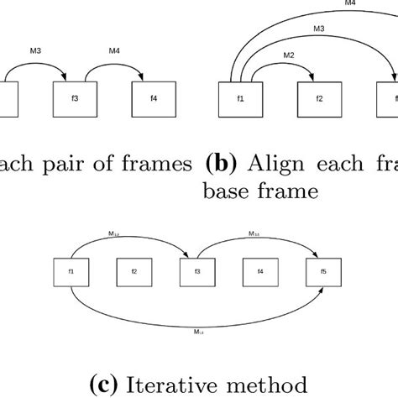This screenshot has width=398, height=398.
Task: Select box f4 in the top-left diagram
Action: (x=154, y=98)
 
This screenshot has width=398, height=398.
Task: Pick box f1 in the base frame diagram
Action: (x=240, y=98)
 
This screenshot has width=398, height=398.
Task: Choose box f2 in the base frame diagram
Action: (x=319, y=98)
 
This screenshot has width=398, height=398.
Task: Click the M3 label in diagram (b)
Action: (x=320, y=29)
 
